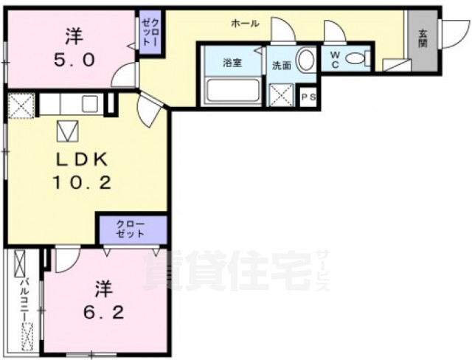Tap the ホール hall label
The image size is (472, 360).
point(245,24)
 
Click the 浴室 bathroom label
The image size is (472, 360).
point(232,63)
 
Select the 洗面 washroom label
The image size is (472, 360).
point(281,65)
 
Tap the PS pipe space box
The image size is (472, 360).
point(308,97)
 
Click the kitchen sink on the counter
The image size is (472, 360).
point(91,103)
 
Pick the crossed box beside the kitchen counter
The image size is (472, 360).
point(19,104)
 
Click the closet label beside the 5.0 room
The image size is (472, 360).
point(150,34)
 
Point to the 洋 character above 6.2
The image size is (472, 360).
point(102,287)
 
